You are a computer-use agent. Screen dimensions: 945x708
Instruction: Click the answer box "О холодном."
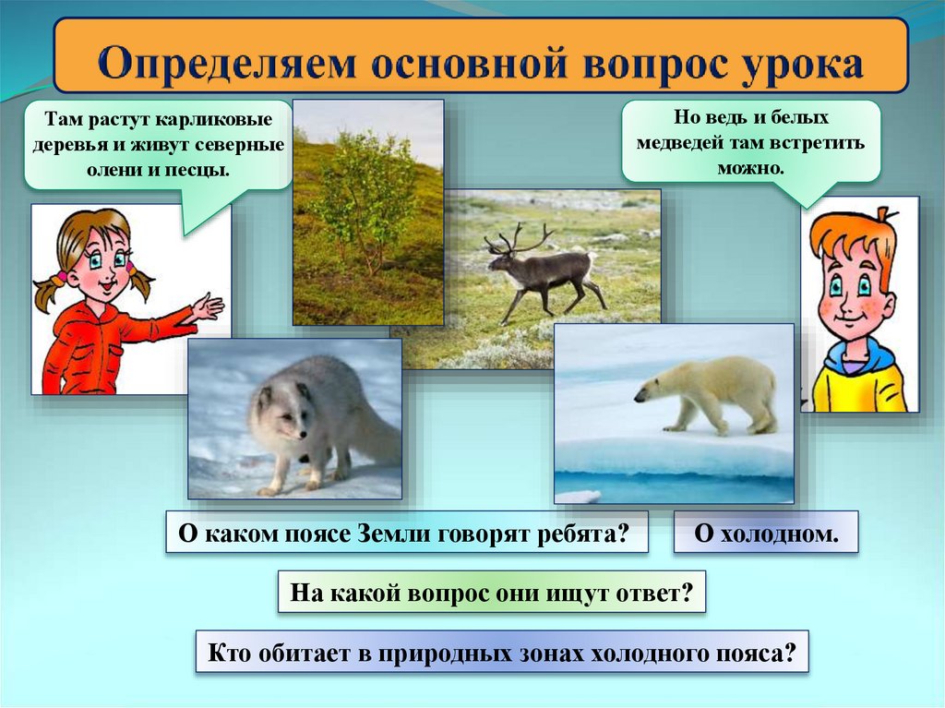pos(766,533)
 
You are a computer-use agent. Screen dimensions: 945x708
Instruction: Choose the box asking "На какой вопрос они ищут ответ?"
pos(491,593)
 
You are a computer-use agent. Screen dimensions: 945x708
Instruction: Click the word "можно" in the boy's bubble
pos(750,168)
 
